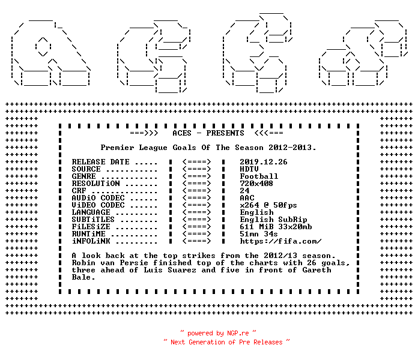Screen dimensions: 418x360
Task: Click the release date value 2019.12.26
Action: pyautogui.click(x=264, y=162)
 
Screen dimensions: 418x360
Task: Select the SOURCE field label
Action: pyautogui.click(x=86, y=169)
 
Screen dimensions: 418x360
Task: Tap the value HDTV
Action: pyautogui.click(x=249, y=169)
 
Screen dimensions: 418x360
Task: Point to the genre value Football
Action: pyautogui.click(x=259, y=176)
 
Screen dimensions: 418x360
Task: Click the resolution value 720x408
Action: pyautogui.click(x=256, y=184)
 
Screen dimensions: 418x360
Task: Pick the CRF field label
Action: pyautogui.click(x=79, y=191)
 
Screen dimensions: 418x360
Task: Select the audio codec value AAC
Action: pyautogui.click(x=247, y=198)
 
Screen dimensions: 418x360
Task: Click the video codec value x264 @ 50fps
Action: pyautogui.click(x=268, y=205)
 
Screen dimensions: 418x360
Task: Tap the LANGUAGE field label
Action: pyautogui.click(x=91, y=212)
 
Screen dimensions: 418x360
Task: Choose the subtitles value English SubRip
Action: pyautogui.click(x=273, y=220)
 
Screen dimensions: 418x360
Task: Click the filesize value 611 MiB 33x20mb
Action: pyautogui.click(x=276, y=227)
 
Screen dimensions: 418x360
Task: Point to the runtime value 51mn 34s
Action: pyautogui.click(x=259, y=234)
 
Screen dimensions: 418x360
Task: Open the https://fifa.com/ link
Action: pyautogui.click(x=280, y=241)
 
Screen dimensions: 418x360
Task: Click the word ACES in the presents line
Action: pyautogui.click(x=182, y=133)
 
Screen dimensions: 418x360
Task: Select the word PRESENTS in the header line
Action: pyautogui.click(x=225, y=133)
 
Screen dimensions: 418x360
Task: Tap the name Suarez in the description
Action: pyautogui.click(x=182, y=270)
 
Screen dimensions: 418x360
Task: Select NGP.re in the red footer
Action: pyautogui.click(x=238, y=333)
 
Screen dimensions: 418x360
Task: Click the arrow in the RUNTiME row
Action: pyautogui.click(x=197, y=234)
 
